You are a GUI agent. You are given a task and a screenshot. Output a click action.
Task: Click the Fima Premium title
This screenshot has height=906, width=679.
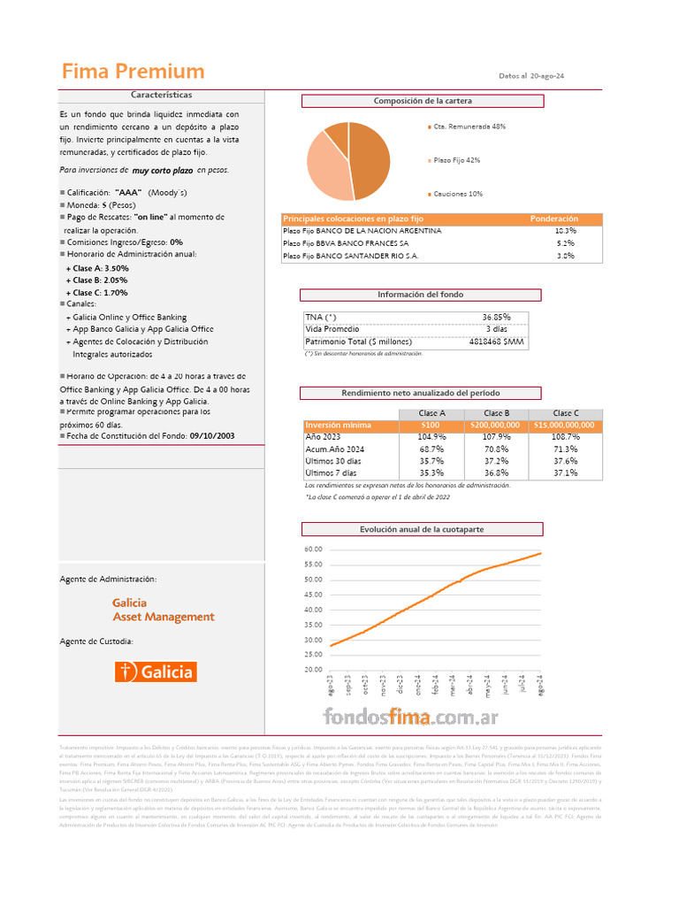pos(133,72)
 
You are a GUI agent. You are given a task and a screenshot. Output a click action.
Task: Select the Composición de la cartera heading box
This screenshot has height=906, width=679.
pos(423,101)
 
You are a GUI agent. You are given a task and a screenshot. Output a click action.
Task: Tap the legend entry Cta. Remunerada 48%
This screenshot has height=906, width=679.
pos(469,127)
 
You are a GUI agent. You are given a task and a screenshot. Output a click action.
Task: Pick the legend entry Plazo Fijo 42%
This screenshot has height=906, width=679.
pos(457,160)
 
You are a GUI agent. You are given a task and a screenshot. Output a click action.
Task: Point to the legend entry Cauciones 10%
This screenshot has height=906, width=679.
pos(458,193)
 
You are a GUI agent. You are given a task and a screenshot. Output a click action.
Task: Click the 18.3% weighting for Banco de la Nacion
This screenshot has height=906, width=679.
pos(565,230)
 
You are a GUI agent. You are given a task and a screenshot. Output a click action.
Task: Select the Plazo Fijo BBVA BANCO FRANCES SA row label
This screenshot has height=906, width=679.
pos(346,242)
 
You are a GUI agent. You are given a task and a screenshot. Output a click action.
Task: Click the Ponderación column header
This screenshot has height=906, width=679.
pos(553,219)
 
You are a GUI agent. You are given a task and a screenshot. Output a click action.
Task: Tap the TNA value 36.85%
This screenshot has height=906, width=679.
pos(496,317)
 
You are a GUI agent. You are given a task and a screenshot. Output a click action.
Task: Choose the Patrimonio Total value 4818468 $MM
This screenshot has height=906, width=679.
pos(496,341)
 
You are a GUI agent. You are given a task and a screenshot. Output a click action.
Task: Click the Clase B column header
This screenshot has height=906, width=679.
pos(497,413)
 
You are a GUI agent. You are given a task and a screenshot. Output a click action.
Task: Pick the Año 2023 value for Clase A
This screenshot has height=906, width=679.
pos(431,437)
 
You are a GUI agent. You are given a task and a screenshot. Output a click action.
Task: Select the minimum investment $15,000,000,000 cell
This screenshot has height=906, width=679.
pos(564,425)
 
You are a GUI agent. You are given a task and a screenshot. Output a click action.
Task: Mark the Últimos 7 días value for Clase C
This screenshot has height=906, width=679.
pos(565,473)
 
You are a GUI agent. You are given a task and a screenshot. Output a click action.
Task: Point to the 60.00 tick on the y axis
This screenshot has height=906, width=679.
pos(313,549)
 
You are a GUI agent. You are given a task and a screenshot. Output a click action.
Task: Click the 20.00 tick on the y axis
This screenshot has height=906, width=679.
pos(313,670)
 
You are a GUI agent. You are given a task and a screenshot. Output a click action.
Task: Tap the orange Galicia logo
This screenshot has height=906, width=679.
pos(156,672)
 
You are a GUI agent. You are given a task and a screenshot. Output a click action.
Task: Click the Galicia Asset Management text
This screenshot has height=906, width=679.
pos(163,610)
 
